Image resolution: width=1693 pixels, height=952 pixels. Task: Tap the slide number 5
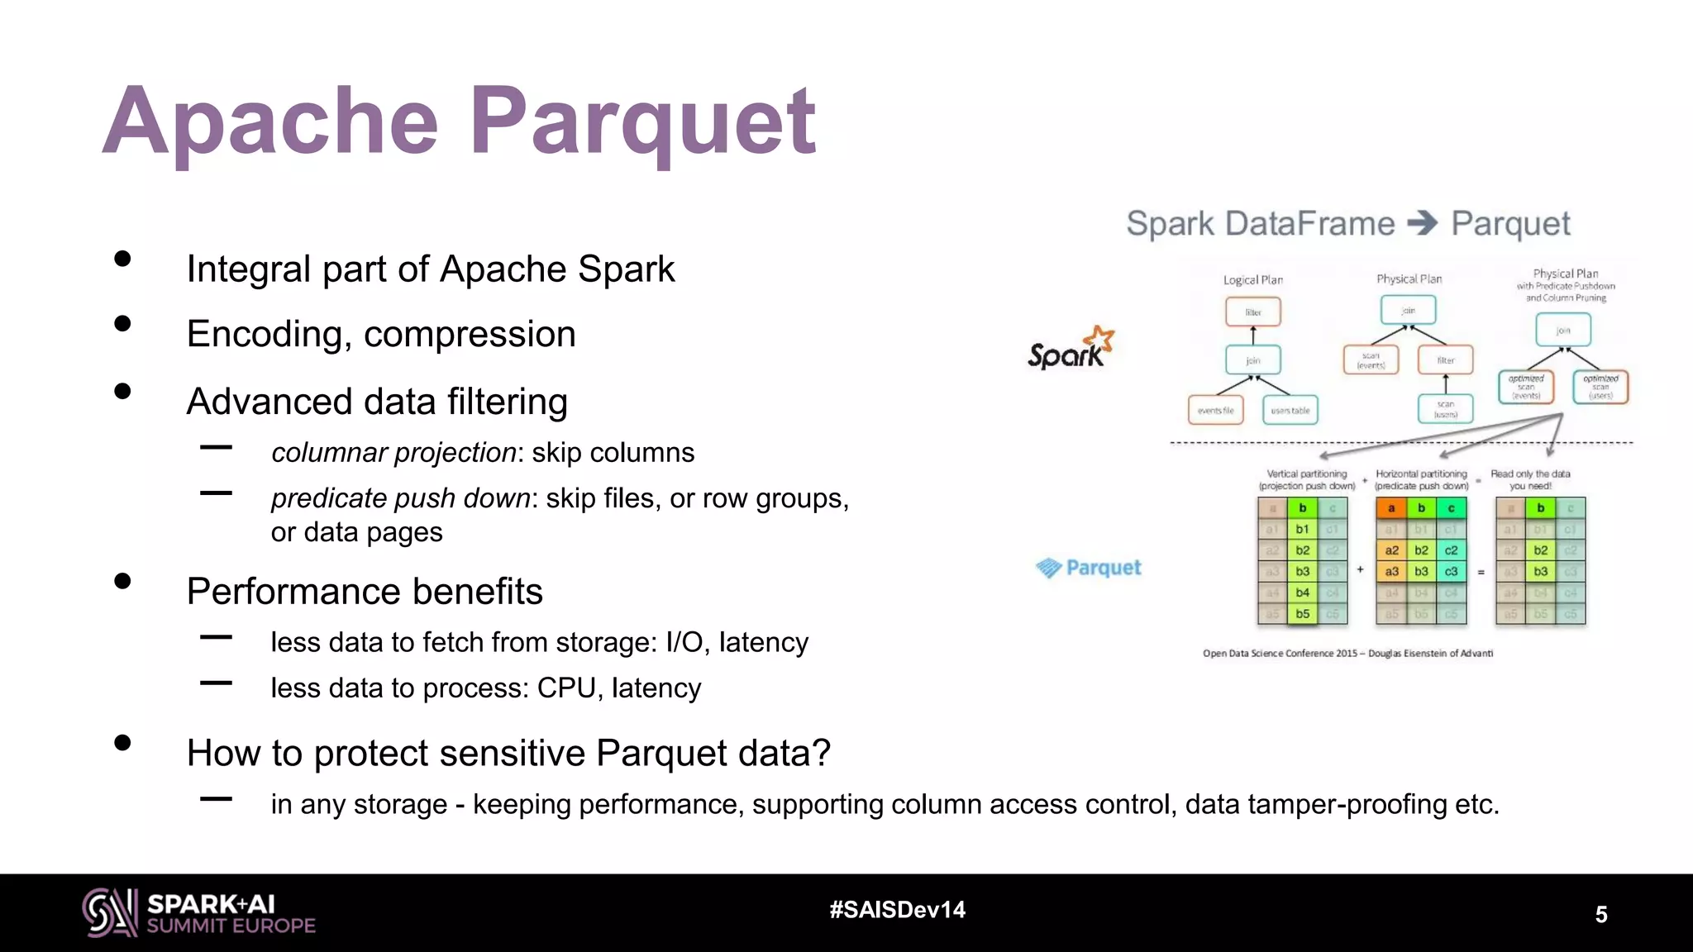1601,914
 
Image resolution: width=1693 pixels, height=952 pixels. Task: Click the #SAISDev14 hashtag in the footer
897,910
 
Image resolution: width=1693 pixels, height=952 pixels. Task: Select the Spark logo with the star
1071,348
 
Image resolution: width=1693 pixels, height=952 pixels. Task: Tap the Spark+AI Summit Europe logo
198,912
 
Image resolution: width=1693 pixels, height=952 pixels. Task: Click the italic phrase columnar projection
393,453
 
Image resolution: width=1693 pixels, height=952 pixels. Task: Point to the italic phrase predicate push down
400,498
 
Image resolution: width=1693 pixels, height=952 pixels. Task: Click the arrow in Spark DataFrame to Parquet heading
1423,223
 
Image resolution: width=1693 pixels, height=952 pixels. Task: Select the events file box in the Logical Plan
1215,410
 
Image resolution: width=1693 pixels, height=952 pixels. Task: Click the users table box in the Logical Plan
1290,410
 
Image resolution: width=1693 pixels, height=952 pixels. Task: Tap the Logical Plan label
1253,280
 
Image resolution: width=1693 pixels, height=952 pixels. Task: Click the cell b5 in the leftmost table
1302,614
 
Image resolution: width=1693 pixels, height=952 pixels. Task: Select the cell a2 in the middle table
1391,550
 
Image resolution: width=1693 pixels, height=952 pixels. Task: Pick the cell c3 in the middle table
1451,571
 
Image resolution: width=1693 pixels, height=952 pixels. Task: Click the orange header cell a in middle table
1391,508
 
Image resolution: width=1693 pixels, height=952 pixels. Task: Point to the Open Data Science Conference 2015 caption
1347,653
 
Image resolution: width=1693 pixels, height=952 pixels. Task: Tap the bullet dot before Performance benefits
123,581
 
